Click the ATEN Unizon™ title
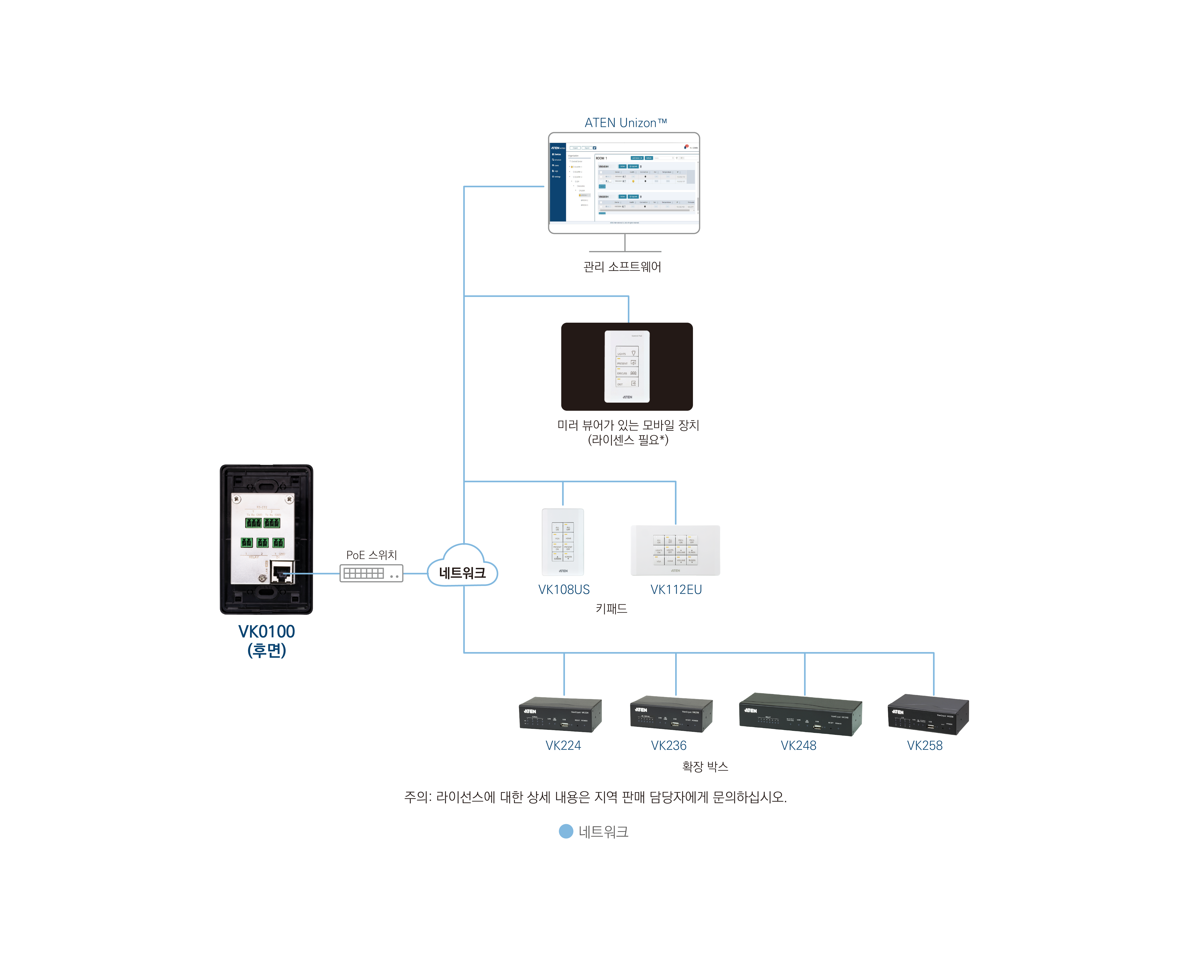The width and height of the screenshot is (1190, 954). [625, 123]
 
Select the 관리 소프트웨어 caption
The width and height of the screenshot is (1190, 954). [622, 267]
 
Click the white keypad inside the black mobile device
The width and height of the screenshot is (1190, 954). [627, 366]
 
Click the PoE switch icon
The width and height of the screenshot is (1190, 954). [371, 573]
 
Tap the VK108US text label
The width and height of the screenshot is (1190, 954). [563, 589]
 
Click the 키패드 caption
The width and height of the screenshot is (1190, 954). [611, 608]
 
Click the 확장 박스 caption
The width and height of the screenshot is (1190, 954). [705, 766]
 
